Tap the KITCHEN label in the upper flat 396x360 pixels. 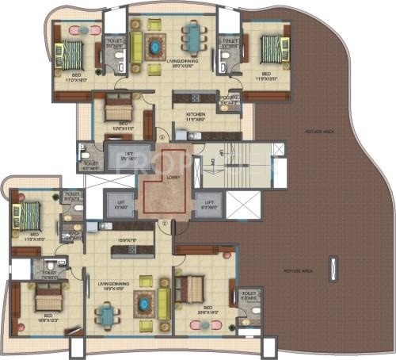(195, 115)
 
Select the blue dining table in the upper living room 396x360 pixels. (192, 36)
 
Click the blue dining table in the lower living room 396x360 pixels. (107, 315)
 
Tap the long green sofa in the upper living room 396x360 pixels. (135, 46)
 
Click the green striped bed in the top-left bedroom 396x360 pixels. (72, 56)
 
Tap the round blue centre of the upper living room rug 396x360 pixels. (153, 41)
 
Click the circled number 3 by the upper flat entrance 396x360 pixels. (161, 133)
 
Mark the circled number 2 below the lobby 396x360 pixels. (162, 224)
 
